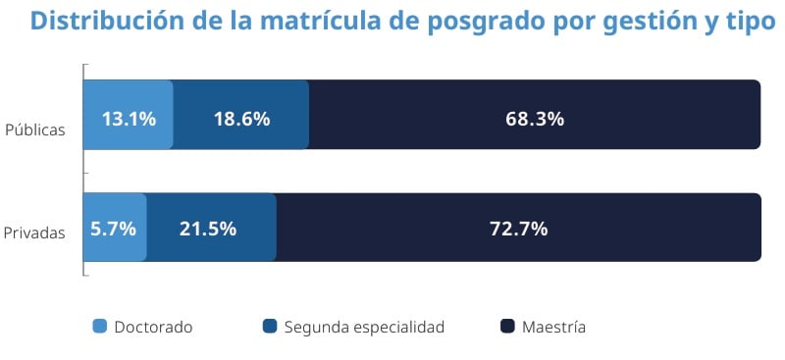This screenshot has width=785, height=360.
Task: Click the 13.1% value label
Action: click(x=129, y=119)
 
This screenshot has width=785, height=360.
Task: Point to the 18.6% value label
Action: click(x=241, y=119)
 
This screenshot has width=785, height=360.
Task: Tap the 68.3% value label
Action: click(x=535, y=119)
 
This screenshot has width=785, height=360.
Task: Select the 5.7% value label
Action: click(x=113, y=229)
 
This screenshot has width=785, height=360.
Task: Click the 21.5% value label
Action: click(x=207, y=229)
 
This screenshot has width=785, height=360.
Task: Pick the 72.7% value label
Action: click(x=518, y=229)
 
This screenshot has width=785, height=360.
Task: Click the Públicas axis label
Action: click(x=35, y=129)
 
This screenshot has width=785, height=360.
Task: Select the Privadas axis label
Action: click(x=34, y=232)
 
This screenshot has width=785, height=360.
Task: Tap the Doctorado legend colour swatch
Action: click(x=99, y=326)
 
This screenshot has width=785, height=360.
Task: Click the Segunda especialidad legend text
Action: click(x=364, y=327)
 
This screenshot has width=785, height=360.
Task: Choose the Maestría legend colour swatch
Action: click(x=507, y=326)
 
